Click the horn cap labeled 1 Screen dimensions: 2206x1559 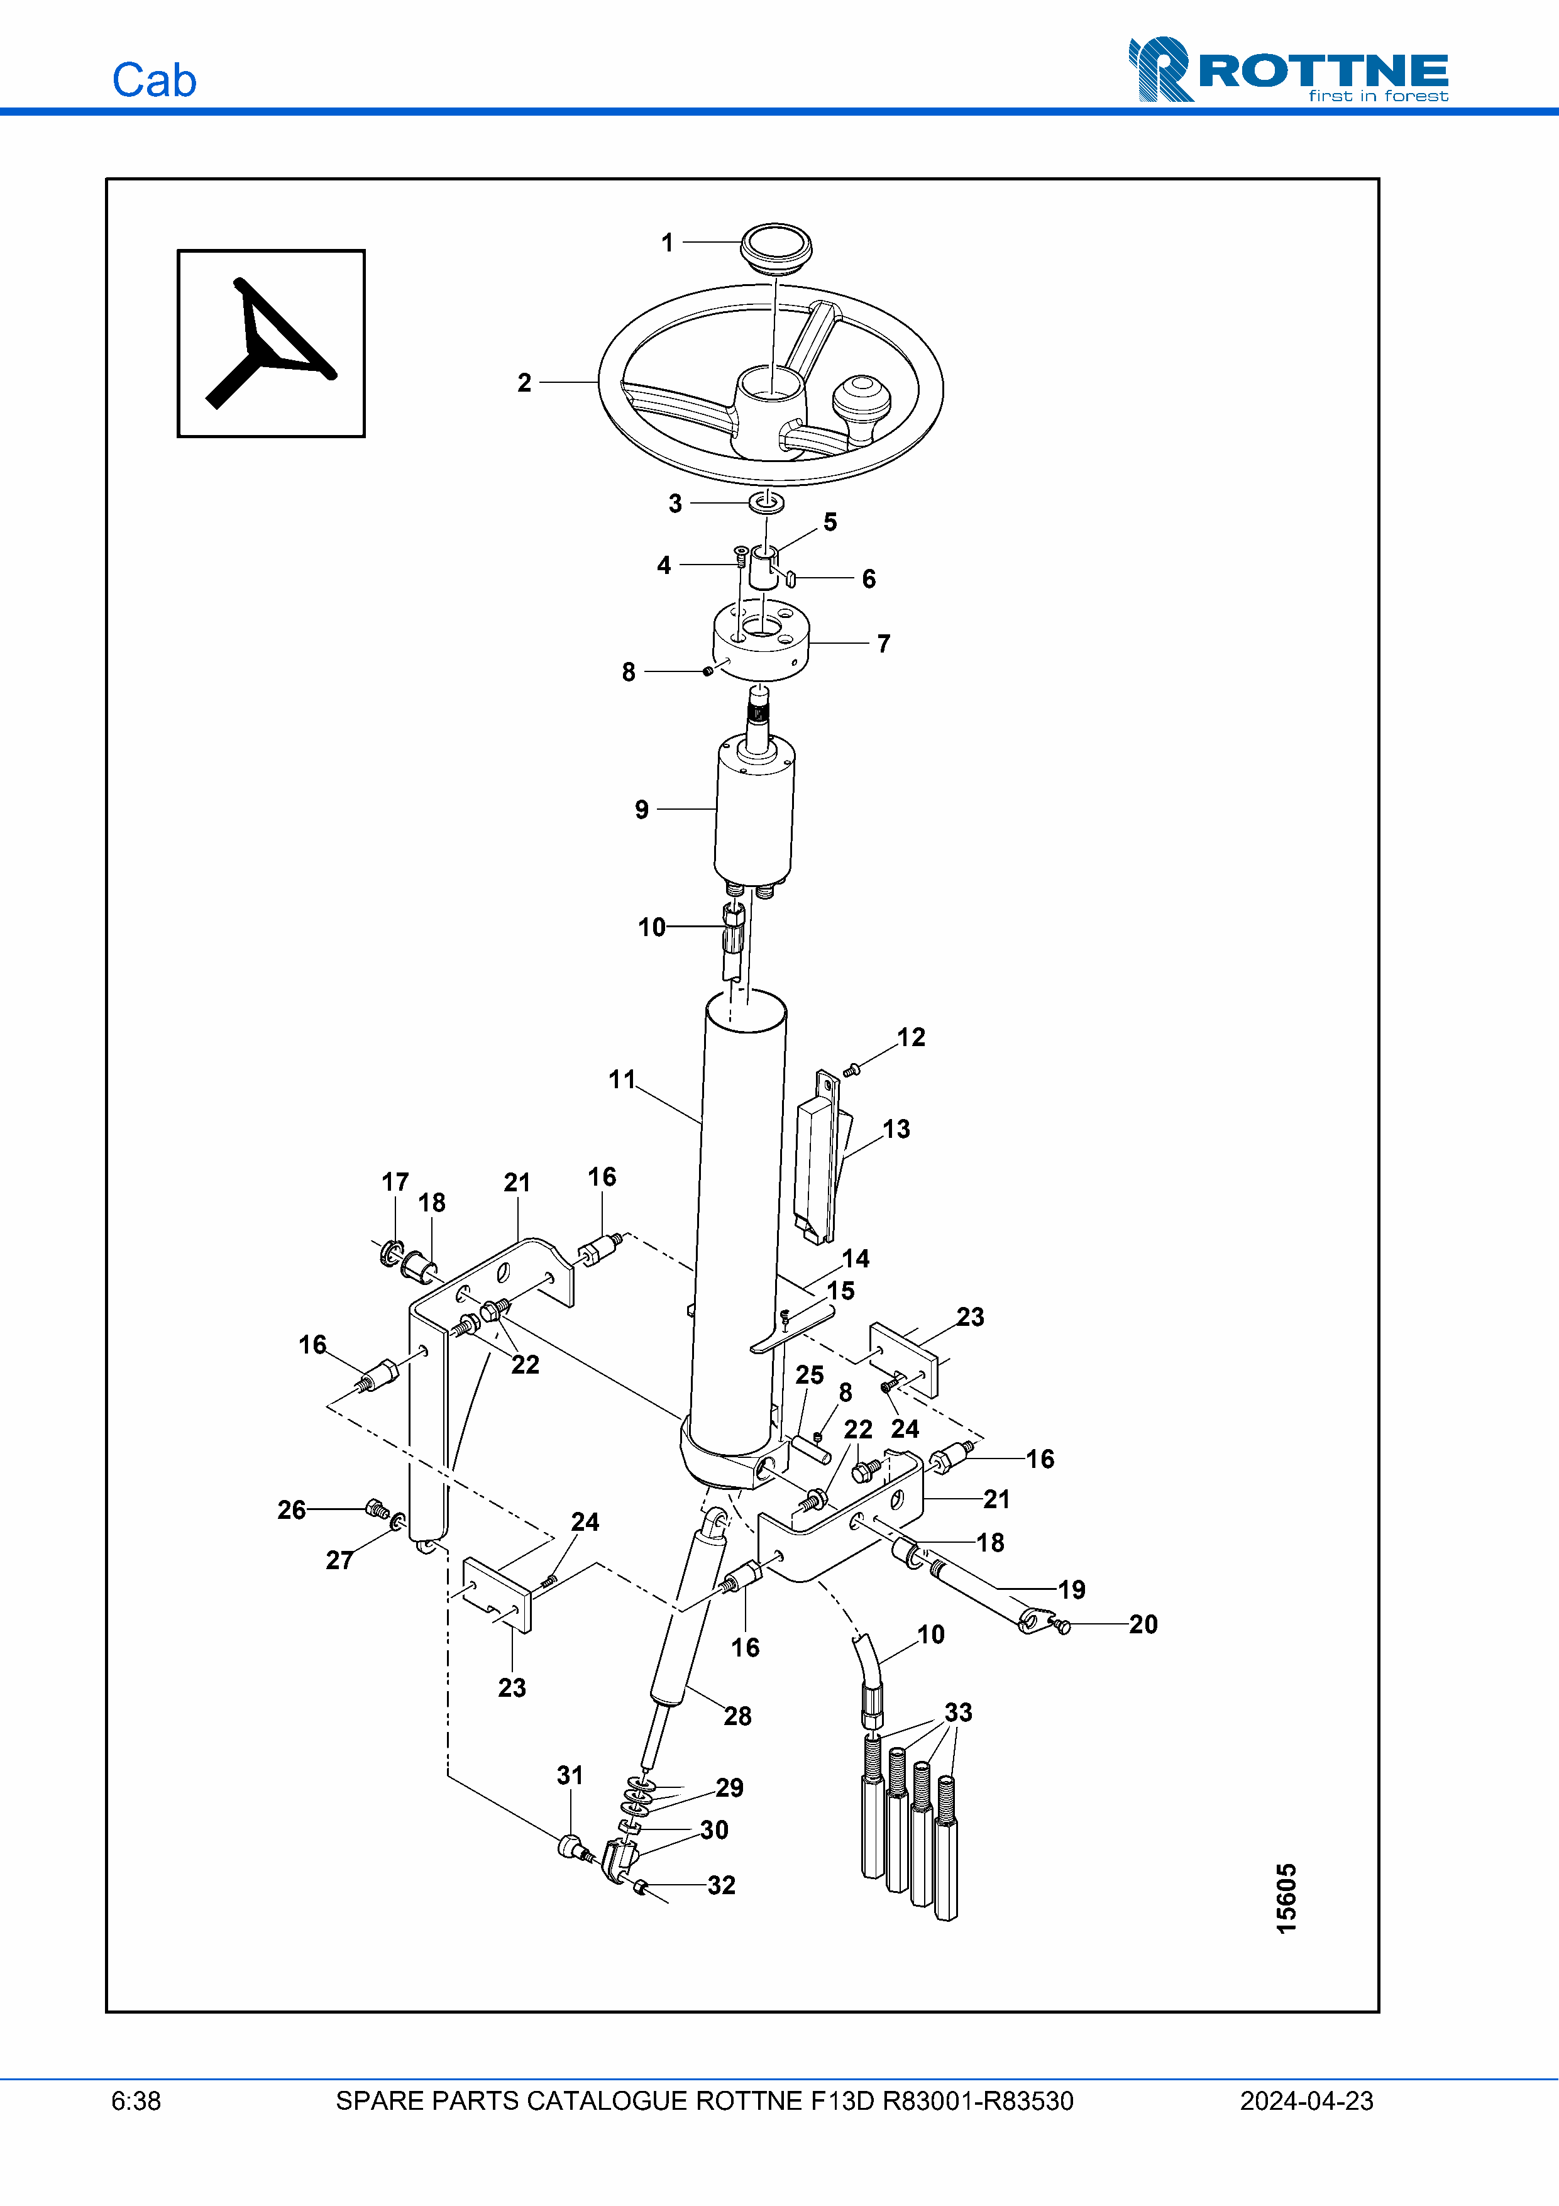point(775,248)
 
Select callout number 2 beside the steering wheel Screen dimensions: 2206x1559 point(524,382)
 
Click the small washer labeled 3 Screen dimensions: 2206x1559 point(766,502)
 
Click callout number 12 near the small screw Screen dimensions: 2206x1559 point(911,1038)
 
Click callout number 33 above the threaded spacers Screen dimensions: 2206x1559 point(957,1712)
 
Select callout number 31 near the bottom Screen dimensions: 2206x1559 point(570,1775)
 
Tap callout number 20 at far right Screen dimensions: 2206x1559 point(1142,1624)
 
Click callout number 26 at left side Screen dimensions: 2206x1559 point(291,1509)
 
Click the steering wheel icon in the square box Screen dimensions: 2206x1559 point(271,343)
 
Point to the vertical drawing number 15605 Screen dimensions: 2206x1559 point(1286,1899)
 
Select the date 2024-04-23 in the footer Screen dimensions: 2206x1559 point(1306,2101)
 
